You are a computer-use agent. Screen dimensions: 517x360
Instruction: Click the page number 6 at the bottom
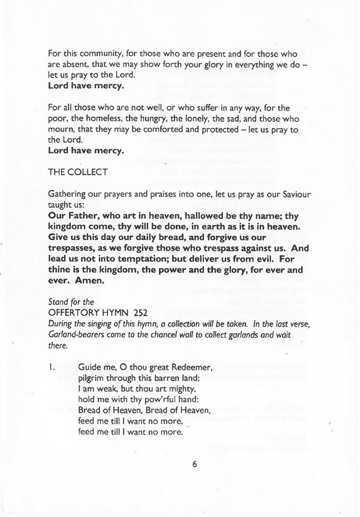click(194, 464)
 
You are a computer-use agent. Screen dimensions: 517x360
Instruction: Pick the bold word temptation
click(135, 260)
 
